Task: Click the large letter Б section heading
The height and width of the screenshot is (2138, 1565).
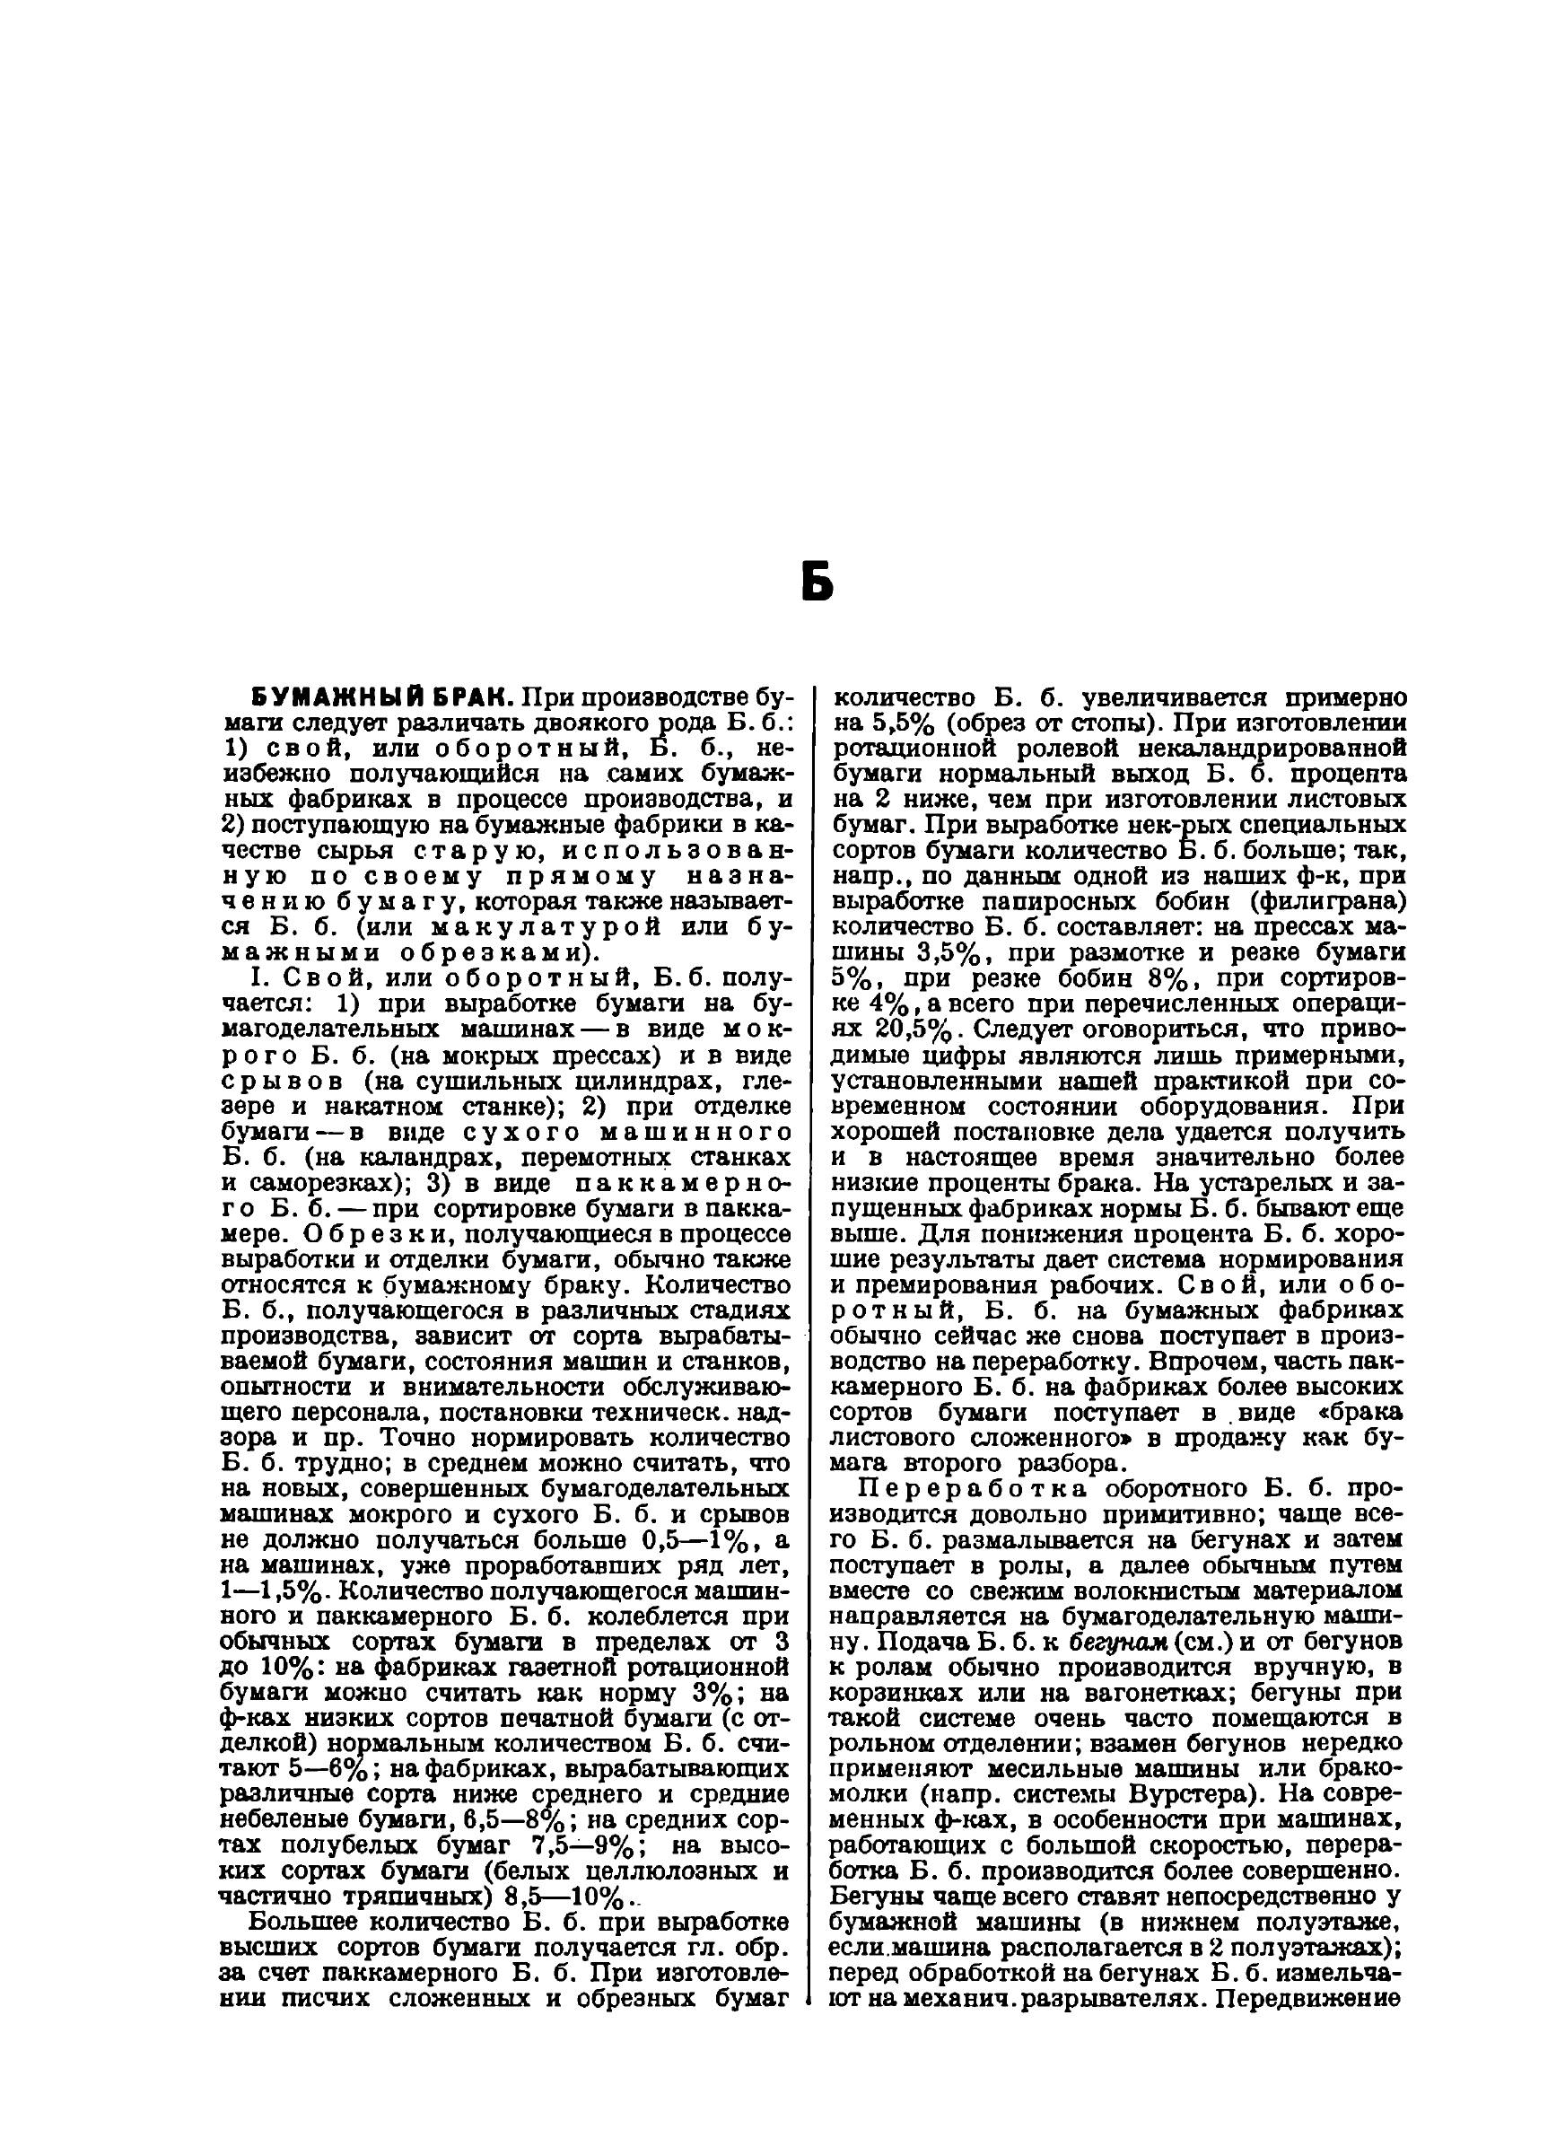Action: point(816,581)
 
